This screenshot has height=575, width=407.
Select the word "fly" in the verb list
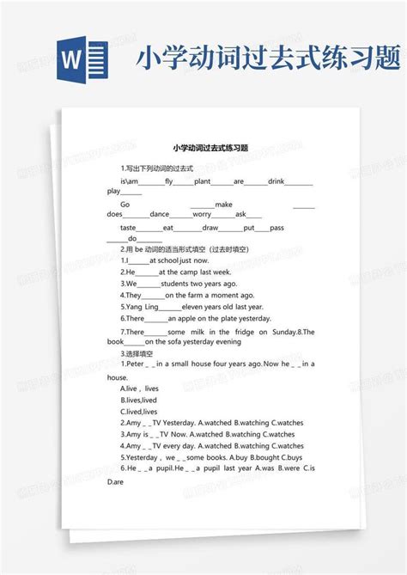click(x=168, y=182)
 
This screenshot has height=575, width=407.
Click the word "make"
click(x=224, y=205)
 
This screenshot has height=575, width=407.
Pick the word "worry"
click(x=202, y=214)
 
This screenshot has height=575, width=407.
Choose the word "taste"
click(x=128, y=228)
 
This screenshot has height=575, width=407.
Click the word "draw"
click(x=210, y=228)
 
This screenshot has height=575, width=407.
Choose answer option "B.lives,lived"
click(x=139, y=400)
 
